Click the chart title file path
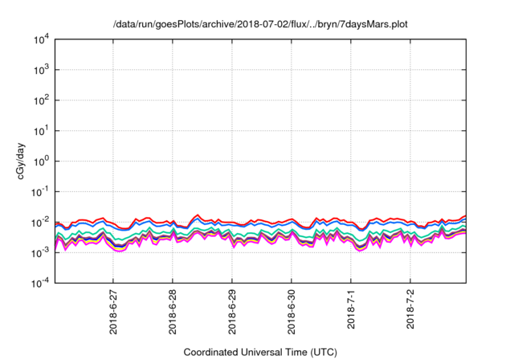point(261,24)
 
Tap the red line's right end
point(465,216)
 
